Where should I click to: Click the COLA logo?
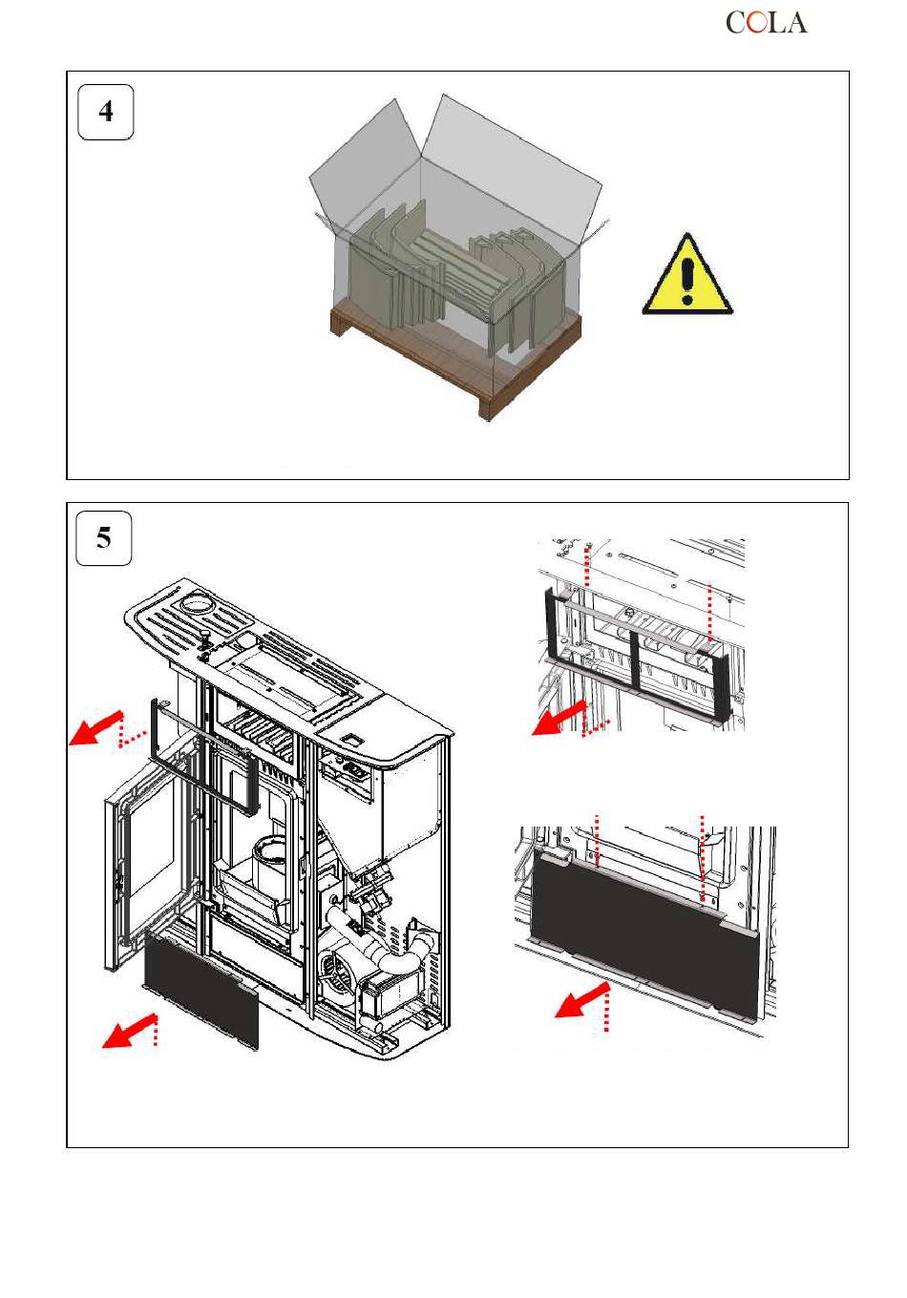tap(766, 23)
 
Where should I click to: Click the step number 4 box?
tap(105, 112)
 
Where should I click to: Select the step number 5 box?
tap(104, 537)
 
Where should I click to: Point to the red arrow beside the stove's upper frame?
tap(95, 728)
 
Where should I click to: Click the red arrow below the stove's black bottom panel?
tap(129, 1032)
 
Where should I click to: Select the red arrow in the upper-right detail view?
tap(559, 718)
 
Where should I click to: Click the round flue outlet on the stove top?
tap(198, 604)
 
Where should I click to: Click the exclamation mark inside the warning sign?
tap(688, 281)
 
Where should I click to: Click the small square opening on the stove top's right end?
tap(351, 740)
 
